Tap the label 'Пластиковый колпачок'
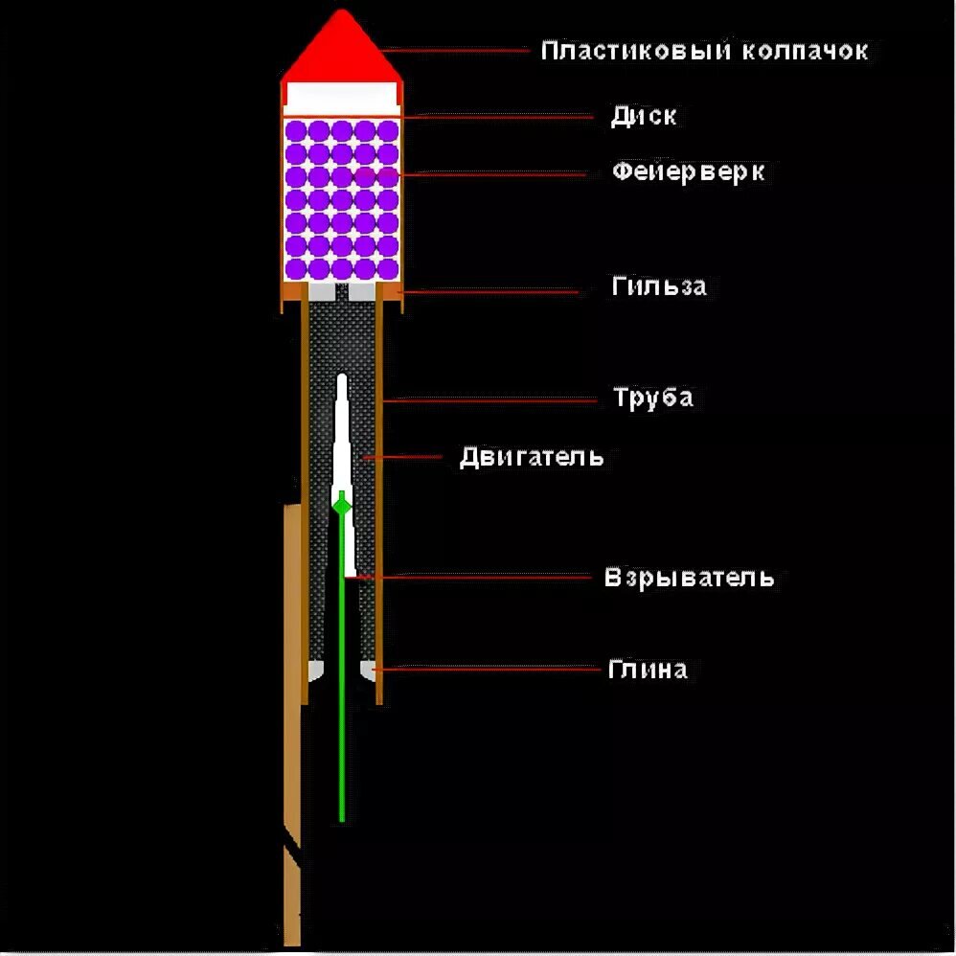[x=704, y=50]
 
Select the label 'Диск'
[x=644, y=116]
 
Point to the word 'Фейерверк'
[x=689, y=172]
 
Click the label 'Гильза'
[x=659, y=285]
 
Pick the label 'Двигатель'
[x=532, y=456]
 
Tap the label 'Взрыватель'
[x=689, y=578]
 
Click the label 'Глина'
[x=648, y=669]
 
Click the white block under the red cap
[x=341, y=96]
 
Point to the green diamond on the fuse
[x=341, y=504]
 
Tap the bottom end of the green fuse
[x=342, y=819]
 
